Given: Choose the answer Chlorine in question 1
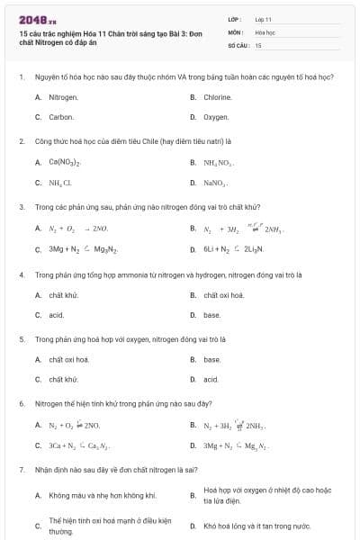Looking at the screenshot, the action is pos(218,96).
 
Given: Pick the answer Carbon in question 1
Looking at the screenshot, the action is pos(61,117).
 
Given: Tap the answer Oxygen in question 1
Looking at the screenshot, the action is pos(216,117).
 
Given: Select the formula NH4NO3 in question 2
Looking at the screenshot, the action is pos(219,162).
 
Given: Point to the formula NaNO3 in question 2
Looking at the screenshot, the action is pos(216,183).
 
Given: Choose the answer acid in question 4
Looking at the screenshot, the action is pos(56,315).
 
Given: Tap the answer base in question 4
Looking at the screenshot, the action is pos(211,315).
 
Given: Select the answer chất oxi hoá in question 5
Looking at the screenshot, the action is pos(68,359).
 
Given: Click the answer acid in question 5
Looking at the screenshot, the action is pos(211,380).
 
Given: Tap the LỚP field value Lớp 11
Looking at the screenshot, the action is pos(264,18).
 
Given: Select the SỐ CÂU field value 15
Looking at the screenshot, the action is pos(258,44).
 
